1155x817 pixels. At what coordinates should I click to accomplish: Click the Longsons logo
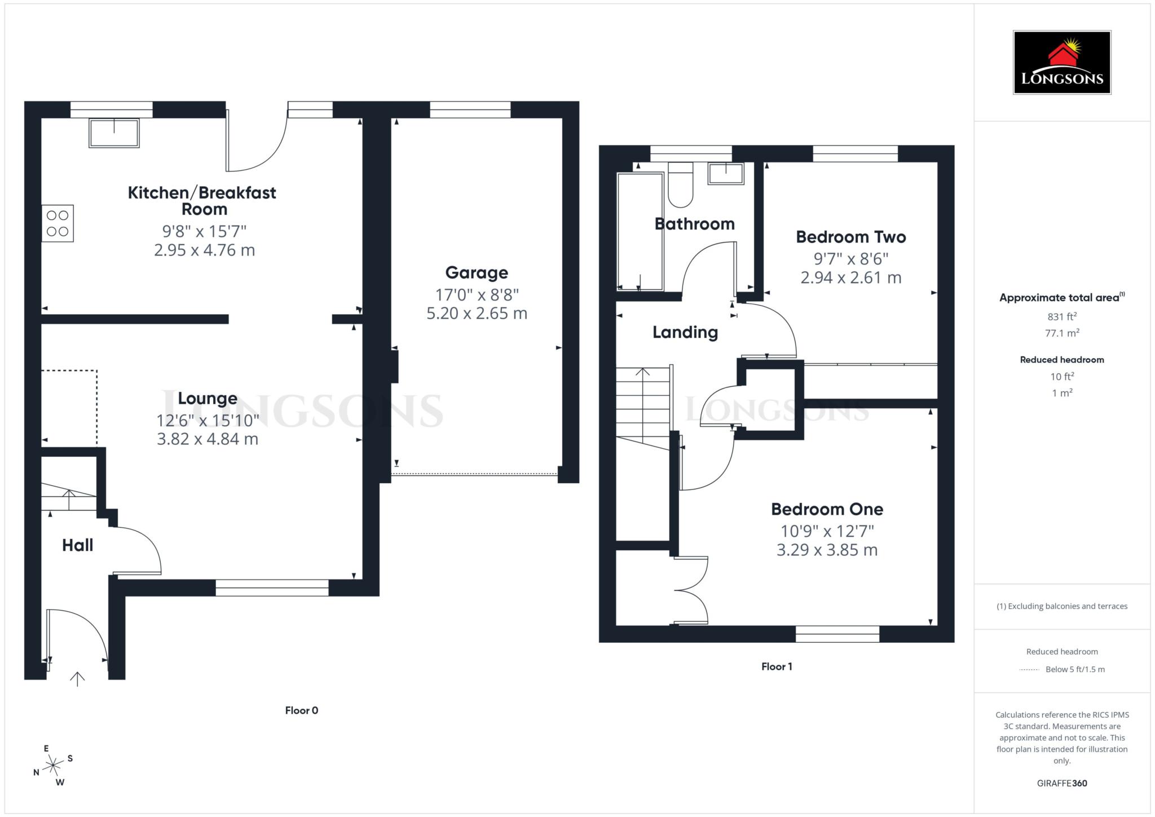[x=1061, y=62]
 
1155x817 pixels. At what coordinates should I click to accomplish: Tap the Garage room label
[x=477, y=273]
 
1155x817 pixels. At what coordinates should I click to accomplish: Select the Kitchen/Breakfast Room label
[x=202, y=201]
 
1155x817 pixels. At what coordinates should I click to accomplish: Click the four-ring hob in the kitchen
[x=58, y=223]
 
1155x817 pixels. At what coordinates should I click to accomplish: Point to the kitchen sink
[x=114, y=133]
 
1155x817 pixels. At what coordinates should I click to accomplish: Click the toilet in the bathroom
[x=680, y=185]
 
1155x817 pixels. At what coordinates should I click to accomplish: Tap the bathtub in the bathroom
[x=640, y=231]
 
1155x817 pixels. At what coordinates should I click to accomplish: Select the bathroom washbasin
[x=726, y=173]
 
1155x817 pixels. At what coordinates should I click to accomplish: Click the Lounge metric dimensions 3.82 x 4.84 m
[x=208, y=439]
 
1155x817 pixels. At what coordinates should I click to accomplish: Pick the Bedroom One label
[x=827, y=509]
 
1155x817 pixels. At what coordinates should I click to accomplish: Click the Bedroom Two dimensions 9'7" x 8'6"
[x=850, y=259]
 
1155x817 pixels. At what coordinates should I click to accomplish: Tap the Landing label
[x=685, y=332]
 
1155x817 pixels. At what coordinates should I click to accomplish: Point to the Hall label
[x=77, y=545]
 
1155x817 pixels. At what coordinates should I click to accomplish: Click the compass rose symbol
[x=54, y=765]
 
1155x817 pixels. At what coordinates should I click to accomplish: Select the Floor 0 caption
[x=302, y=710]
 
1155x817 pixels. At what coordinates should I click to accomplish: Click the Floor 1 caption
[x=777, y=666]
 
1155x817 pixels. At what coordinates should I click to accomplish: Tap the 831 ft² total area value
[x=1061, y=316]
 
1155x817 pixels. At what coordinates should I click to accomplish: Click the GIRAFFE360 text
[x=1061, y=783]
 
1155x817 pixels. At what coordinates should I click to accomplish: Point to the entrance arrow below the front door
[x=77, y=678]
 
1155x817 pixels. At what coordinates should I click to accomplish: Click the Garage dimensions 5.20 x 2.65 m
[x=477, y=313]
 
